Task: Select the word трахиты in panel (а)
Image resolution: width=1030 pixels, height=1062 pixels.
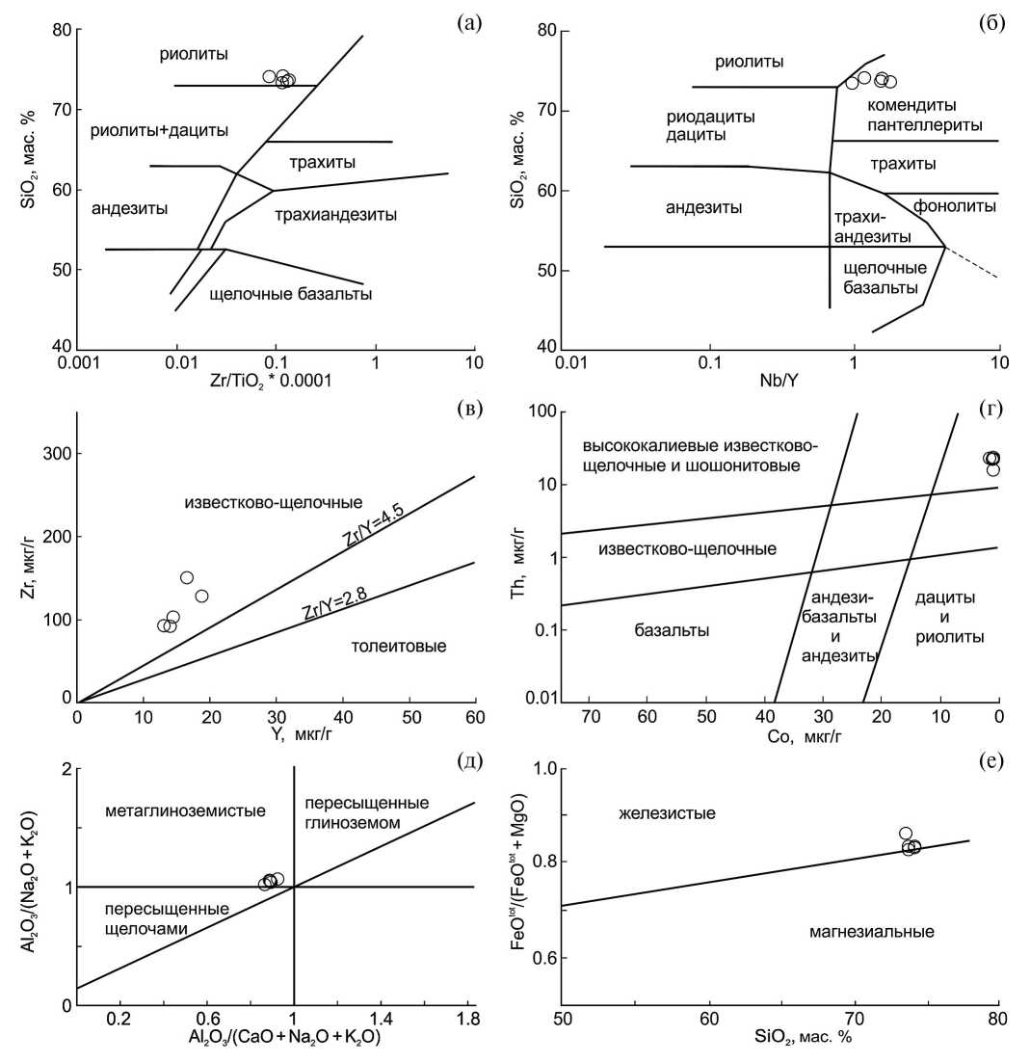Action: pos(309,161)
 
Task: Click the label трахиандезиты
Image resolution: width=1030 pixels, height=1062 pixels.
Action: pos(335,214)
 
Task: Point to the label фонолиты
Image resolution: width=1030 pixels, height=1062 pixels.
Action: pos(955,206)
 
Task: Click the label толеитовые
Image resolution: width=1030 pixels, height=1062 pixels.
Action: pos(399,646)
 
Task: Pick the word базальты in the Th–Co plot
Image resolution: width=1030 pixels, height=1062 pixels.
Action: pos(673,631)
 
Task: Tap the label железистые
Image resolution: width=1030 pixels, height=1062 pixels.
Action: pos(667,814)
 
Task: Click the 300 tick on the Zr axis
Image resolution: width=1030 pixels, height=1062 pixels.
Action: pos(58,454)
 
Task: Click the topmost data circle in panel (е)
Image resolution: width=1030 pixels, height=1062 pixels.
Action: pos(906,834)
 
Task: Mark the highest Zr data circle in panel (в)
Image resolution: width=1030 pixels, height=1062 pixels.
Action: pos(187,577)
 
